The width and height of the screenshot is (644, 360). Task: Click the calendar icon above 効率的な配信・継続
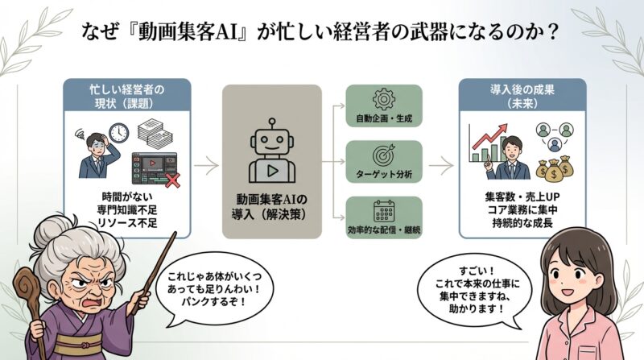point(383,212)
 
